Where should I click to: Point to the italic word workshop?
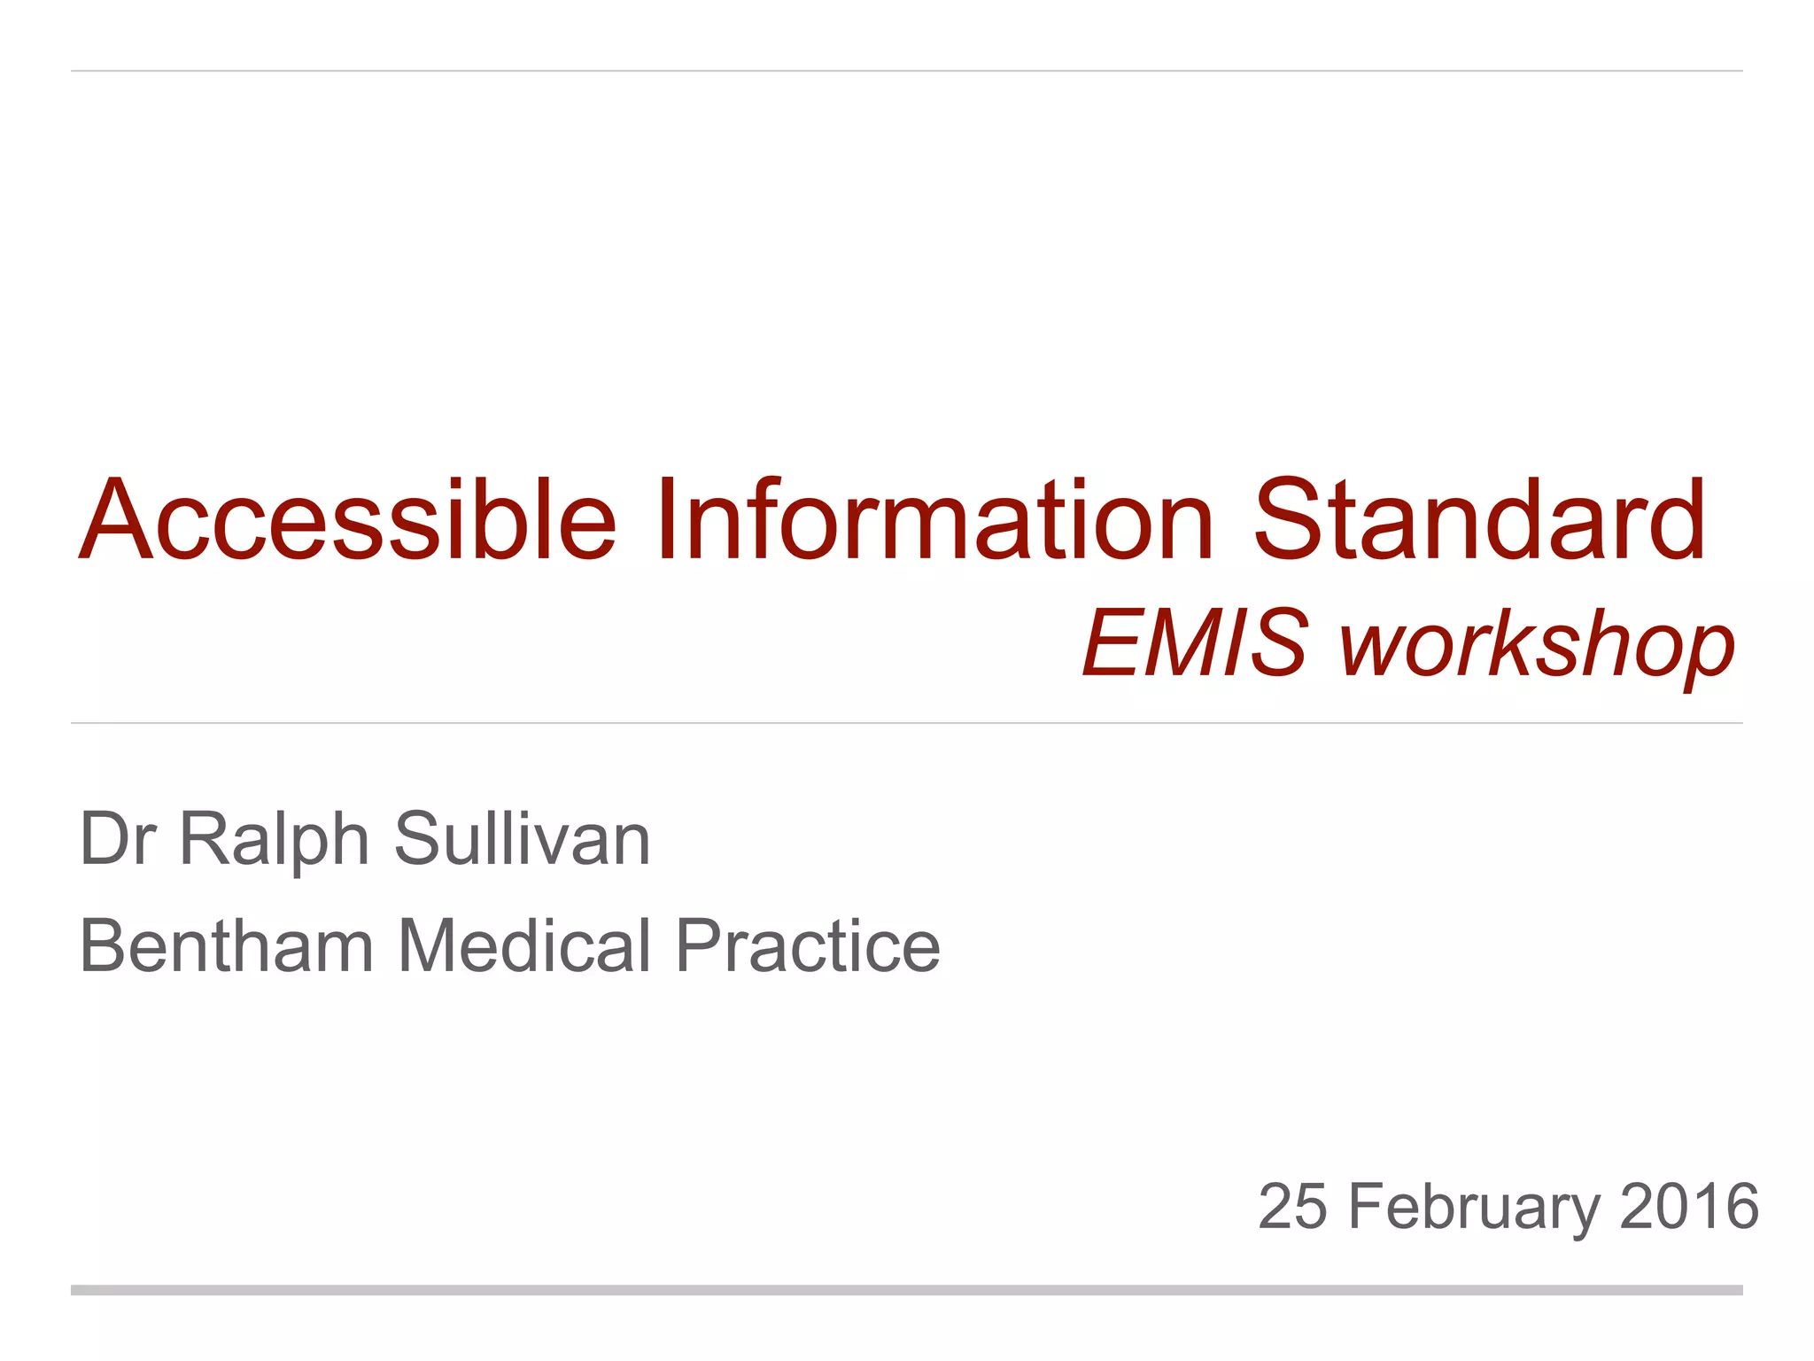point(1537,645)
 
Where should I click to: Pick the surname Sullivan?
point(523,838)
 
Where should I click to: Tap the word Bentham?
point(227,945)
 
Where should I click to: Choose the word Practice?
point(807,945)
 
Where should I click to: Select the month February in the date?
point(1474,1208)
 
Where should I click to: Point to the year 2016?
point(1688,1206)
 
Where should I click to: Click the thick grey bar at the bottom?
point(907,1290)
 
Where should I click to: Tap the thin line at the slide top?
point(907,70)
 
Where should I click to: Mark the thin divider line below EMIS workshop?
point(907,723)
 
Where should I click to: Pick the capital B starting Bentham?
point(104,945)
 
